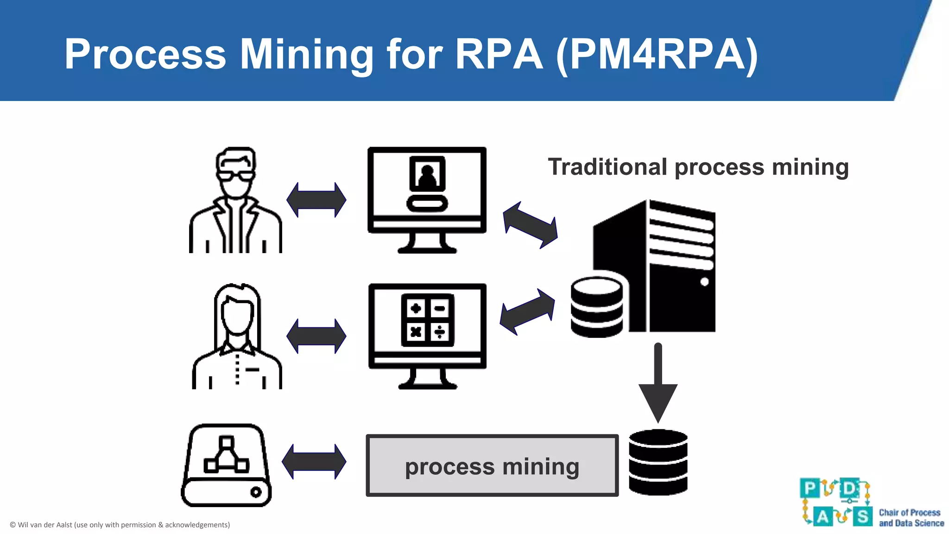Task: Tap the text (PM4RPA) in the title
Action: tap(657, 54)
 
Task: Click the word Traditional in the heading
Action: tap(607, 167)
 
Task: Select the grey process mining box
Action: tap(492, 466)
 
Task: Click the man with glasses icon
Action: tap(235, 200)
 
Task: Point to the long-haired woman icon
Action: tap(237, 337)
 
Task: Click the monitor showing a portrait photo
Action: tap(427, 199)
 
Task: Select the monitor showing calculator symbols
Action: tap(427, 336)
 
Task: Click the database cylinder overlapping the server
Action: tap(596, 307)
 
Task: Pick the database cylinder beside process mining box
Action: tap(658, 462)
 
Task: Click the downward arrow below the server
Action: tap(658, 385)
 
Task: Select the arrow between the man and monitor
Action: tap(316, 200)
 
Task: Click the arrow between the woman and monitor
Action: tap(316, 336)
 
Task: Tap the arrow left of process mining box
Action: tap(314, 462)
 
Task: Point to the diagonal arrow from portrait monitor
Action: tap(530, 225)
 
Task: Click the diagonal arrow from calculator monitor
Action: tap(527, 311)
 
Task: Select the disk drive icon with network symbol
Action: tap(226, 465)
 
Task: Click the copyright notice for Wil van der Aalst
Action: tap(120, 525)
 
